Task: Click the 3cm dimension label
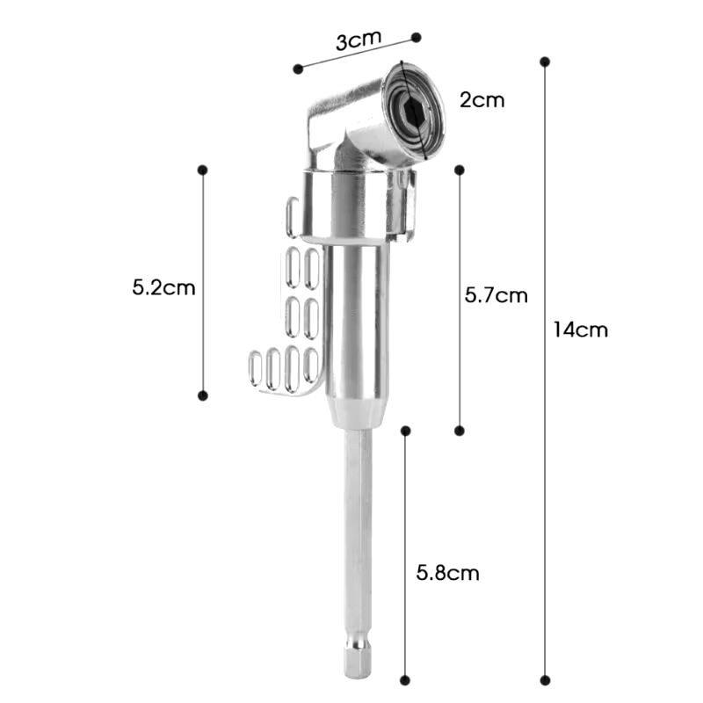coord(359,40)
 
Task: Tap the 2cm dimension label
coord(482,100)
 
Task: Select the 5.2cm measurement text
coord(163,287)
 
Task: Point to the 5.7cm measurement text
coord(496,295)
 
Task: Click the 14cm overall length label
coord(581,330)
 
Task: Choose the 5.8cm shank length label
coord(447,573)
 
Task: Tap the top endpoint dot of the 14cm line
coord(545,62)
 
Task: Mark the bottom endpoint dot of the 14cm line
coord(545,680)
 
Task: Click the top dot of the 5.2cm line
coord(203,170)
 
